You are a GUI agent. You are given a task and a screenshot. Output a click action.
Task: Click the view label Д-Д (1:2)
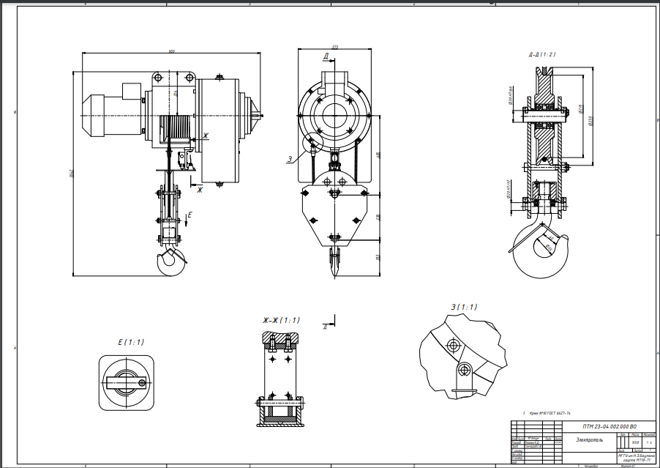pyautogui.click(x=541, y=55)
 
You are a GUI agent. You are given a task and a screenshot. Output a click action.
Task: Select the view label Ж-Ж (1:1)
pyautogui.click(x=281, y=320)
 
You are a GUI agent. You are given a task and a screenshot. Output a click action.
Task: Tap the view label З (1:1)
pyautogui.click(x=460, y=307)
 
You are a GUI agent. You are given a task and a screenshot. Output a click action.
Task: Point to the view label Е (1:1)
pyautogui.click(x=131, y=342)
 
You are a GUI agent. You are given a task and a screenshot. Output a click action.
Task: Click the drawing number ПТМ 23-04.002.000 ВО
pyautogui.click(x=609, y=426)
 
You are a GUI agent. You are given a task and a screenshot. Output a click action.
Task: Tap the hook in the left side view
pyautogui.click(x=173, y=261)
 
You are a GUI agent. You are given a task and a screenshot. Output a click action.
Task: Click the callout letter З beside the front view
pyautogui.click(x=290, y=158)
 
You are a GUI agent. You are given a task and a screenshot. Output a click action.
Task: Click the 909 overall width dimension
pyautogui.click(x=171, y=51)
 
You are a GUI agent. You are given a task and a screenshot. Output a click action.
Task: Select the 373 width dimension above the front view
pyautogui.click(x=334, y=48)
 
